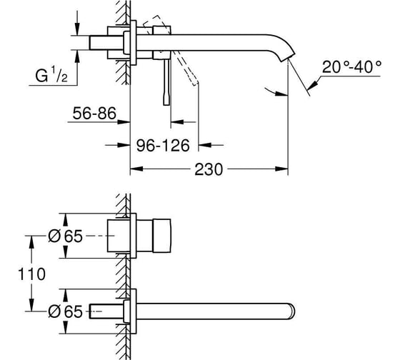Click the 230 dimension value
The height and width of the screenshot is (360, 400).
(x=209, y=169)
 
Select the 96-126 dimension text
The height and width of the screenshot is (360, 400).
(x=163, y=146)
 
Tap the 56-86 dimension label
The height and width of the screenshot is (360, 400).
(x=94, y=114)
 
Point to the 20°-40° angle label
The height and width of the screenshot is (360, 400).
(x=351, y=67)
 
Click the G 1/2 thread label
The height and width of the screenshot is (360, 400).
(x=51, y=74)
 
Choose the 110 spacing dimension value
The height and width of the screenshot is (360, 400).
(x=31, y=274)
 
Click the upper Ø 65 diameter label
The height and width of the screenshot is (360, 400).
(x=65, y=236)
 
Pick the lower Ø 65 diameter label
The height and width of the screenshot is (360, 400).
(x=65, y=311)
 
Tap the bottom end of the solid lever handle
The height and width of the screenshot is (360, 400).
(x=166, y=104)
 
